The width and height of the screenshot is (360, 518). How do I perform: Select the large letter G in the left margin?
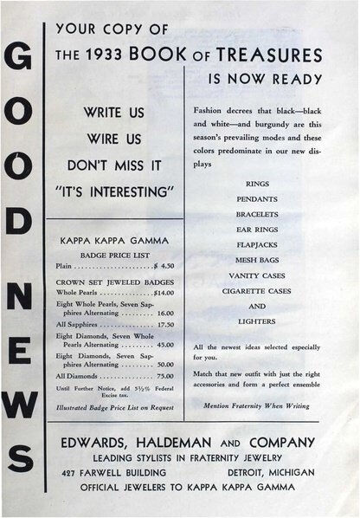point(19,61)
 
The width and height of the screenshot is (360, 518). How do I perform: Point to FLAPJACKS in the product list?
point(257,244)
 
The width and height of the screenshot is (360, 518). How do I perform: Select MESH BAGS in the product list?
point(257,260)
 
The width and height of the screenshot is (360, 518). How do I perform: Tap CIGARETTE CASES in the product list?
point(257,291)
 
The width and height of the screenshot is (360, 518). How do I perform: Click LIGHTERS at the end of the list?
point(257,321)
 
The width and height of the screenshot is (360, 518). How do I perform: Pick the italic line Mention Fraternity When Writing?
point(257,405)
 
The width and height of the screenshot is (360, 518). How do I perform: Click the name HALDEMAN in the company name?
point(189,441)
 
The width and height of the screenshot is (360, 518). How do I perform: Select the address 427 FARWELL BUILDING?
point(108,471)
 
